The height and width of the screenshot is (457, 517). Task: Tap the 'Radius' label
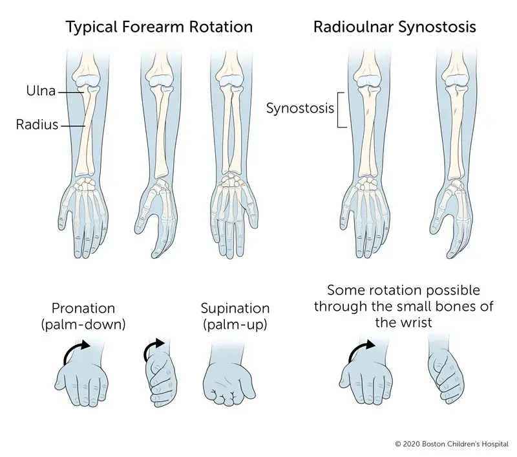point(37,125)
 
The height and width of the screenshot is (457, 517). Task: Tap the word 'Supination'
point(235,308)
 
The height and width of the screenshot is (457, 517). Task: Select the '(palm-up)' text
point(235,324)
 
